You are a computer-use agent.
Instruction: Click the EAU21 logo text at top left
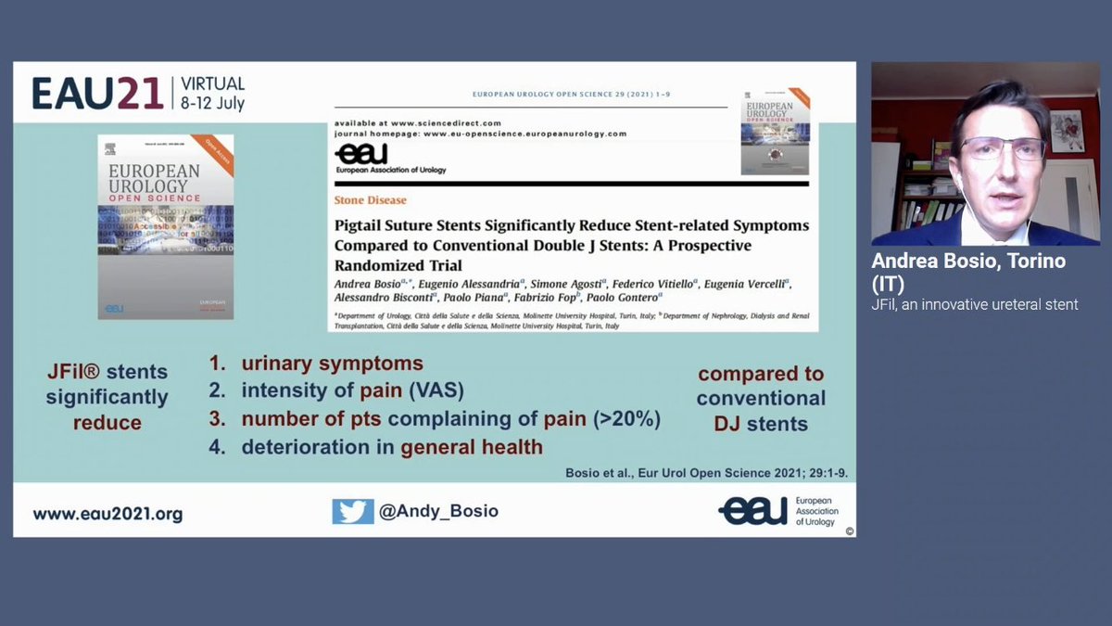tap(97, 94)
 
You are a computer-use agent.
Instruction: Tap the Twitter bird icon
tap(353, 511)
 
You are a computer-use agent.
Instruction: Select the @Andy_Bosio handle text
tap(438, 512)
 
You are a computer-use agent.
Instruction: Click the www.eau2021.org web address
tap(107, 513)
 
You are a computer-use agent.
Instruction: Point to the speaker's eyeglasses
tap(1003, 148)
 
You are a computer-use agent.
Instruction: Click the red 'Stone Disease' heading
tap(370, 200)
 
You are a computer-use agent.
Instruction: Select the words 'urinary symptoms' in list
tap(332, 364)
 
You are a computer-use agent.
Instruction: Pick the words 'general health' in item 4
tap(472, 447)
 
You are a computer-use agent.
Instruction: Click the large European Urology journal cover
tap(166, 227)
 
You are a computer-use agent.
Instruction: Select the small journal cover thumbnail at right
tap(775, 133)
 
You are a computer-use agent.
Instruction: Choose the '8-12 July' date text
tap(212, 104)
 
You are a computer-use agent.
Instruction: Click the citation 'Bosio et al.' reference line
tap(706, 473)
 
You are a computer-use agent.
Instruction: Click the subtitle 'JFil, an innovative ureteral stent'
tap(975, 304)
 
